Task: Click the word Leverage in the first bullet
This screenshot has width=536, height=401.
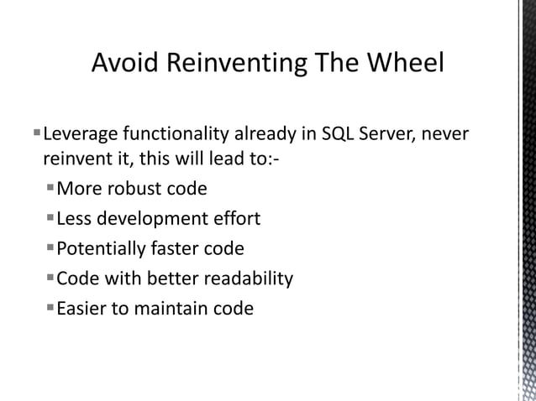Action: pyautogui.click(x=80, y=134)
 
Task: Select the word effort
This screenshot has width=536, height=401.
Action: pyautogui.click(x=238, y=219)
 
